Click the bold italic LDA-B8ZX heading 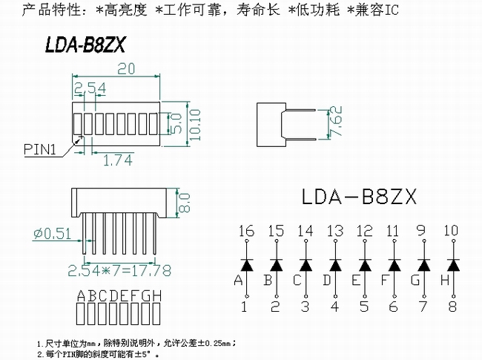(85, 45)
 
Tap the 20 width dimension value (126, 68)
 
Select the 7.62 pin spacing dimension (335, 121)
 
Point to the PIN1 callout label (40, 149)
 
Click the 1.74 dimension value (118, 160)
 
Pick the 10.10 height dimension (195, 125)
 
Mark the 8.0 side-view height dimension (184, 203)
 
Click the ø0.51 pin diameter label (52, 234)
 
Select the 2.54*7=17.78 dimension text (119, 270)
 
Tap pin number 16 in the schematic (246, 231)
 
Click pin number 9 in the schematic (421, 230)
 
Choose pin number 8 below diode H (452, 307)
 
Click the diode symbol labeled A (247, 265)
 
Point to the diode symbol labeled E (365, 265)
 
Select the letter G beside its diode (415, 280)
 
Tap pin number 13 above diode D (335, 231)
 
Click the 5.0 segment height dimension (176, 123)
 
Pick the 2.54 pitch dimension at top (90, 88)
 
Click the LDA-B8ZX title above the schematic (359, 197)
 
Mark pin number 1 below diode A (244, 307)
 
